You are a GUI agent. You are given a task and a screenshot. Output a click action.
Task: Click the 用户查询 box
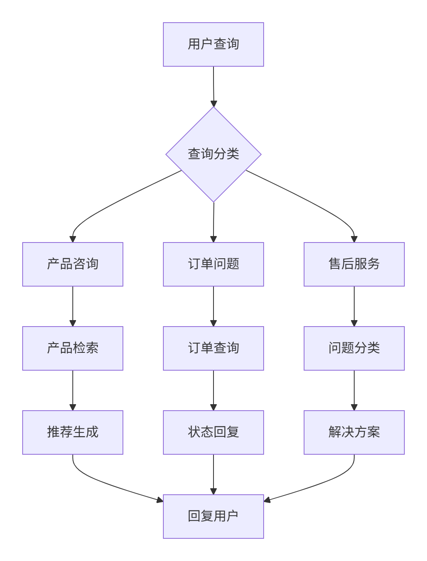pos(213,44)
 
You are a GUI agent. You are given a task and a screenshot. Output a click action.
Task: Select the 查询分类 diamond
pos(213,154)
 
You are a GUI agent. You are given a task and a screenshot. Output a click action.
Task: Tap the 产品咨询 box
pos(73,264)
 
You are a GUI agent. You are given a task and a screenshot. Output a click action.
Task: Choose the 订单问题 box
pos(213,264)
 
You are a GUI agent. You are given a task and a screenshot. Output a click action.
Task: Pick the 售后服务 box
pos(354,264)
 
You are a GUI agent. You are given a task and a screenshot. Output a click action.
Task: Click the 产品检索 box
pos(73,348)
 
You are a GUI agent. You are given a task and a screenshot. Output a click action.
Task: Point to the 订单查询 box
pos(213,348)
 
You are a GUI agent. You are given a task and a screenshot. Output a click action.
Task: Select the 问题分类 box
pos(354,348)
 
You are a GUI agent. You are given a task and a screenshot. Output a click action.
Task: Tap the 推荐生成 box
pos(73,432)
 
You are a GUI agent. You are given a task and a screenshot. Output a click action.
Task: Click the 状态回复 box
pos(213,432)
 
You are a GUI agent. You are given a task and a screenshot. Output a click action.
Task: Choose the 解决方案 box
pos(354,432)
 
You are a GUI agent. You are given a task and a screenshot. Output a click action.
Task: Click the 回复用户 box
pos(213,517)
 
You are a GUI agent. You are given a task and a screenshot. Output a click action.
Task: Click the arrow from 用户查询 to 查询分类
pos(213,86)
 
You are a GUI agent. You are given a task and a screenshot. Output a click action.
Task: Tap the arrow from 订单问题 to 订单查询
pos(213,306)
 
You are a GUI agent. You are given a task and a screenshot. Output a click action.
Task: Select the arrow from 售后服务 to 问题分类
pos(354,306)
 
